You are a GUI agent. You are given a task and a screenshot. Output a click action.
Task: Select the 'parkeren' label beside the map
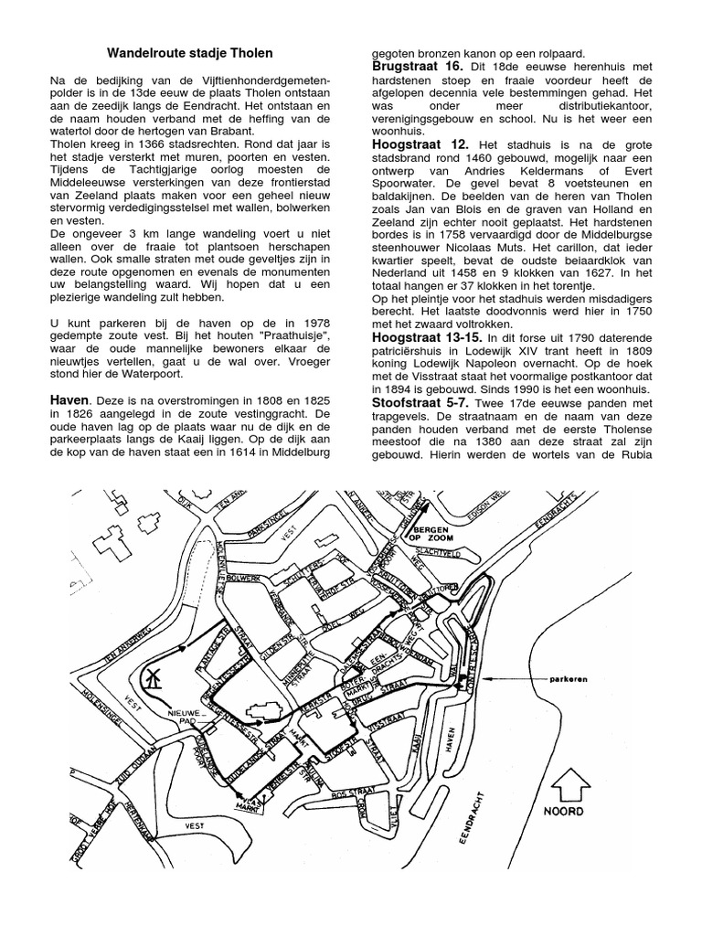point(564,678)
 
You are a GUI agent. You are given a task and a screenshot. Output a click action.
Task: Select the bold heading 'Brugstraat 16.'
point(416,67)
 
